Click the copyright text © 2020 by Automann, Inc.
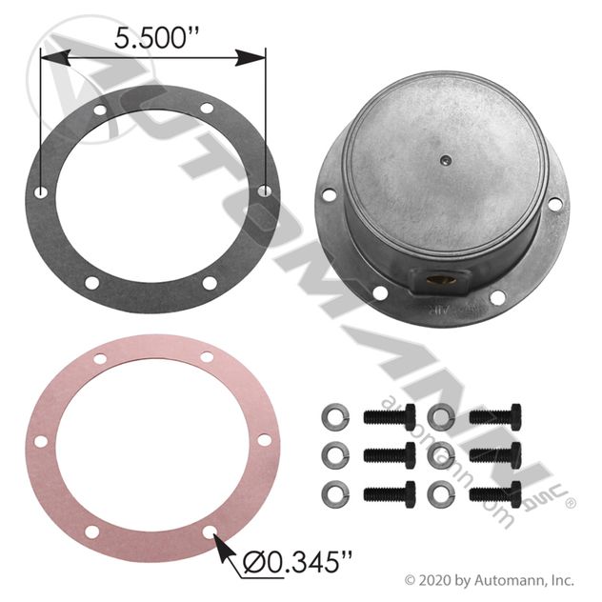(x=490, y=580)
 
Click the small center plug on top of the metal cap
(x=444, y=159)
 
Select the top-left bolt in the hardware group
(x=390, y=417)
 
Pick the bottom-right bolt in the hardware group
(x=495, y=494)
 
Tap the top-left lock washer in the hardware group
(x=335, y=417)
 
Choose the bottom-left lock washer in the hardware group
(x=335, y=494)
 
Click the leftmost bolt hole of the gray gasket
(x=41, y=192)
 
